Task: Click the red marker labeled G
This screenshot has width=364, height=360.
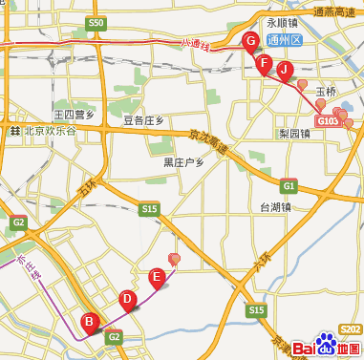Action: tap(251, 41)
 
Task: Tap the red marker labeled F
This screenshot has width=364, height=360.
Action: tap(264, 64)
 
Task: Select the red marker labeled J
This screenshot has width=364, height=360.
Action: tap(284, 70)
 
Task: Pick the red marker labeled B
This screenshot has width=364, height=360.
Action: tap(89, 322)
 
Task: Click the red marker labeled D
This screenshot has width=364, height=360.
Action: tap(127, 299)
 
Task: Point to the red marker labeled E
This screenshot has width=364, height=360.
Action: tap(158, 278)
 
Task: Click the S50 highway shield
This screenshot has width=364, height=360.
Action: tap(95, 22)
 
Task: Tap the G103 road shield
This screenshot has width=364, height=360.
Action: tap(328, 121)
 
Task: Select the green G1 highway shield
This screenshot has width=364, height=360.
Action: tap(289, 185)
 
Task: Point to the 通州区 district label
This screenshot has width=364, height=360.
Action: tap(284, 41)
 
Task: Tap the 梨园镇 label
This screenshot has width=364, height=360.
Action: tap(293, 134)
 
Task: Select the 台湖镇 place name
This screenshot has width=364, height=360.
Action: tap(276, 206)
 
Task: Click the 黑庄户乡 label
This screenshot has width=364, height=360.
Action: tap(184, 162)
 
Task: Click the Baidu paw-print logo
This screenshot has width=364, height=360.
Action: tap(324, 349)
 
